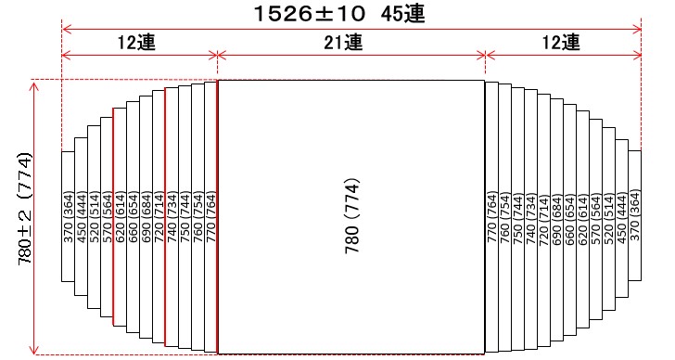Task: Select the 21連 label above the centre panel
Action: coord(350,43)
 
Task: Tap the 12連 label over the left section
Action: coord(137,43)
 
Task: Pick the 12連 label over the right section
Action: coord(562,43)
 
